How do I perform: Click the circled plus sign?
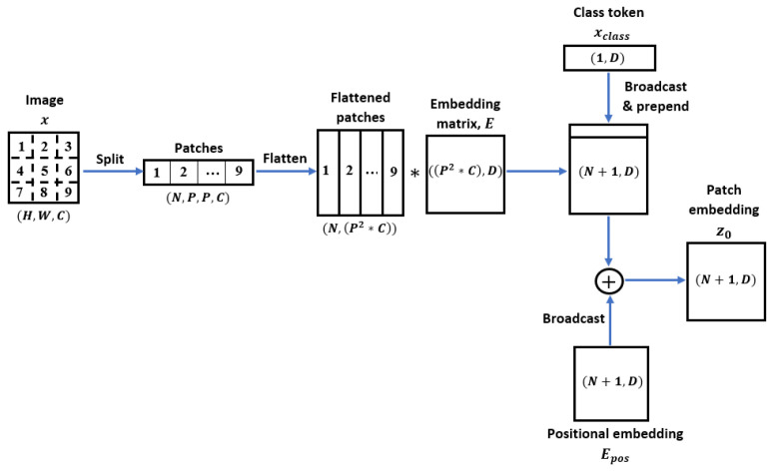608,282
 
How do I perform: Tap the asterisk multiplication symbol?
414,173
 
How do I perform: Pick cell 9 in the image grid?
69,195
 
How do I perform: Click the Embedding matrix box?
465,173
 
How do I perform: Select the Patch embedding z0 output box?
726,281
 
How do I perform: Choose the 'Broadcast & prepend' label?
658,96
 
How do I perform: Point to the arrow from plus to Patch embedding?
653,282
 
